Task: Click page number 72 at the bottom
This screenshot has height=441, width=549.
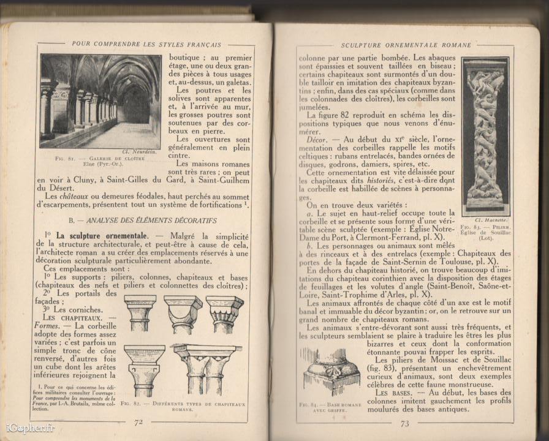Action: coord(138,421)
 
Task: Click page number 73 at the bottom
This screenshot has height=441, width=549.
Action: coord(404,423)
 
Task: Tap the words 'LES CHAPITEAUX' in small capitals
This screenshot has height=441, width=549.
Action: coord(68,318)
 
